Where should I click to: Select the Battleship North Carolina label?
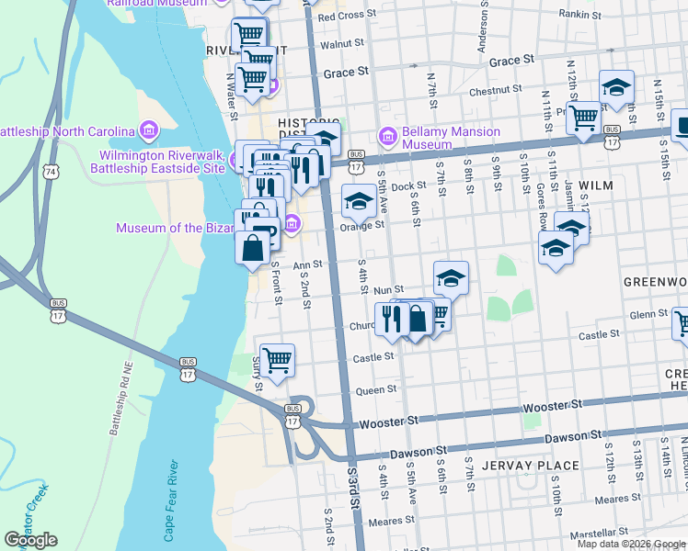pyautogui.click(x=64, y=131)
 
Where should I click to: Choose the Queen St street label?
pyautogui.click(x=375, y=389)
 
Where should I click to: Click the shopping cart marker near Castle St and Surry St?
pyautogui.click(x=277, y=360)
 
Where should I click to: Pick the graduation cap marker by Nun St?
pyautogui.click(x=451, y=276)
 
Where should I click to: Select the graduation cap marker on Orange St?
pyautogui.click(x=359, y=200)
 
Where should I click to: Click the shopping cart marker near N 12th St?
pyautogui.click(x=583, y=118)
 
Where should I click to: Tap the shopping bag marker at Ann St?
pyautogui.click(x=253, y=247)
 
